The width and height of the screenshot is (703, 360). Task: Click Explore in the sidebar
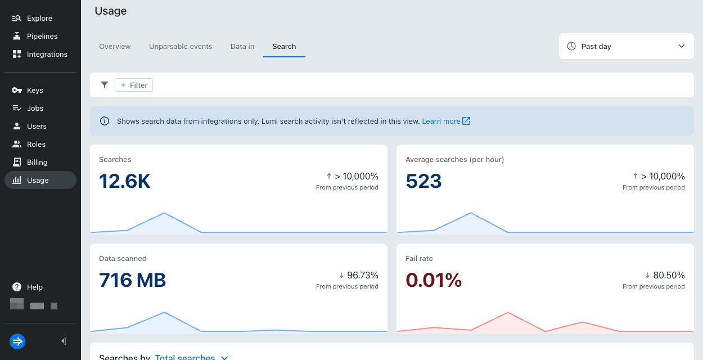click(39, 18)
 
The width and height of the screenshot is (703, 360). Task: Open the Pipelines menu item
click(42, 36)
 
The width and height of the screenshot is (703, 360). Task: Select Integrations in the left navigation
click(47, 54)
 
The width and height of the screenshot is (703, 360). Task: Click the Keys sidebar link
click(35, 90)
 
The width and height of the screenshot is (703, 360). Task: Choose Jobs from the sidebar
click(35, 108)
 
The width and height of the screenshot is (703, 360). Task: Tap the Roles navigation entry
click(36, 144)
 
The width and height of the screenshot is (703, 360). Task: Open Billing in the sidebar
click(37, 162)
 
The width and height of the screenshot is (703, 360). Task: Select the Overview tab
click(115, 47)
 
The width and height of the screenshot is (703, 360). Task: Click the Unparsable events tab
click(181, 47)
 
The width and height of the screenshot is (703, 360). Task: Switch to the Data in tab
click(242, 47)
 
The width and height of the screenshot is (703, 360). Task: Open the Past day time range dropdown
click(626, 46)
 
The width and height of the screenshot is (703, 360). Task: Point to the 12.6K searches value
click(125, 181)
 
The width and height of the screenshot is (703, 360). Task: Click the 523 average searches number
click(423, 181)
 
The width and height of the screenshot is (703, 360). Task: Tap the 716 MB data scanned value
click(133, 280)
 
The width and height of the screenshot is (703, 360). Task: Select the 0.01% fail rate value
click(434, 280)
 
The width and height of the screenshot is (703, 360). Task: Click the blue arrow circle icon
click(17, 341)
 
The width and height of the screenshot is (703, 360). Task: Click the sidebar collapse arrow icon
click(64, 341)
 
